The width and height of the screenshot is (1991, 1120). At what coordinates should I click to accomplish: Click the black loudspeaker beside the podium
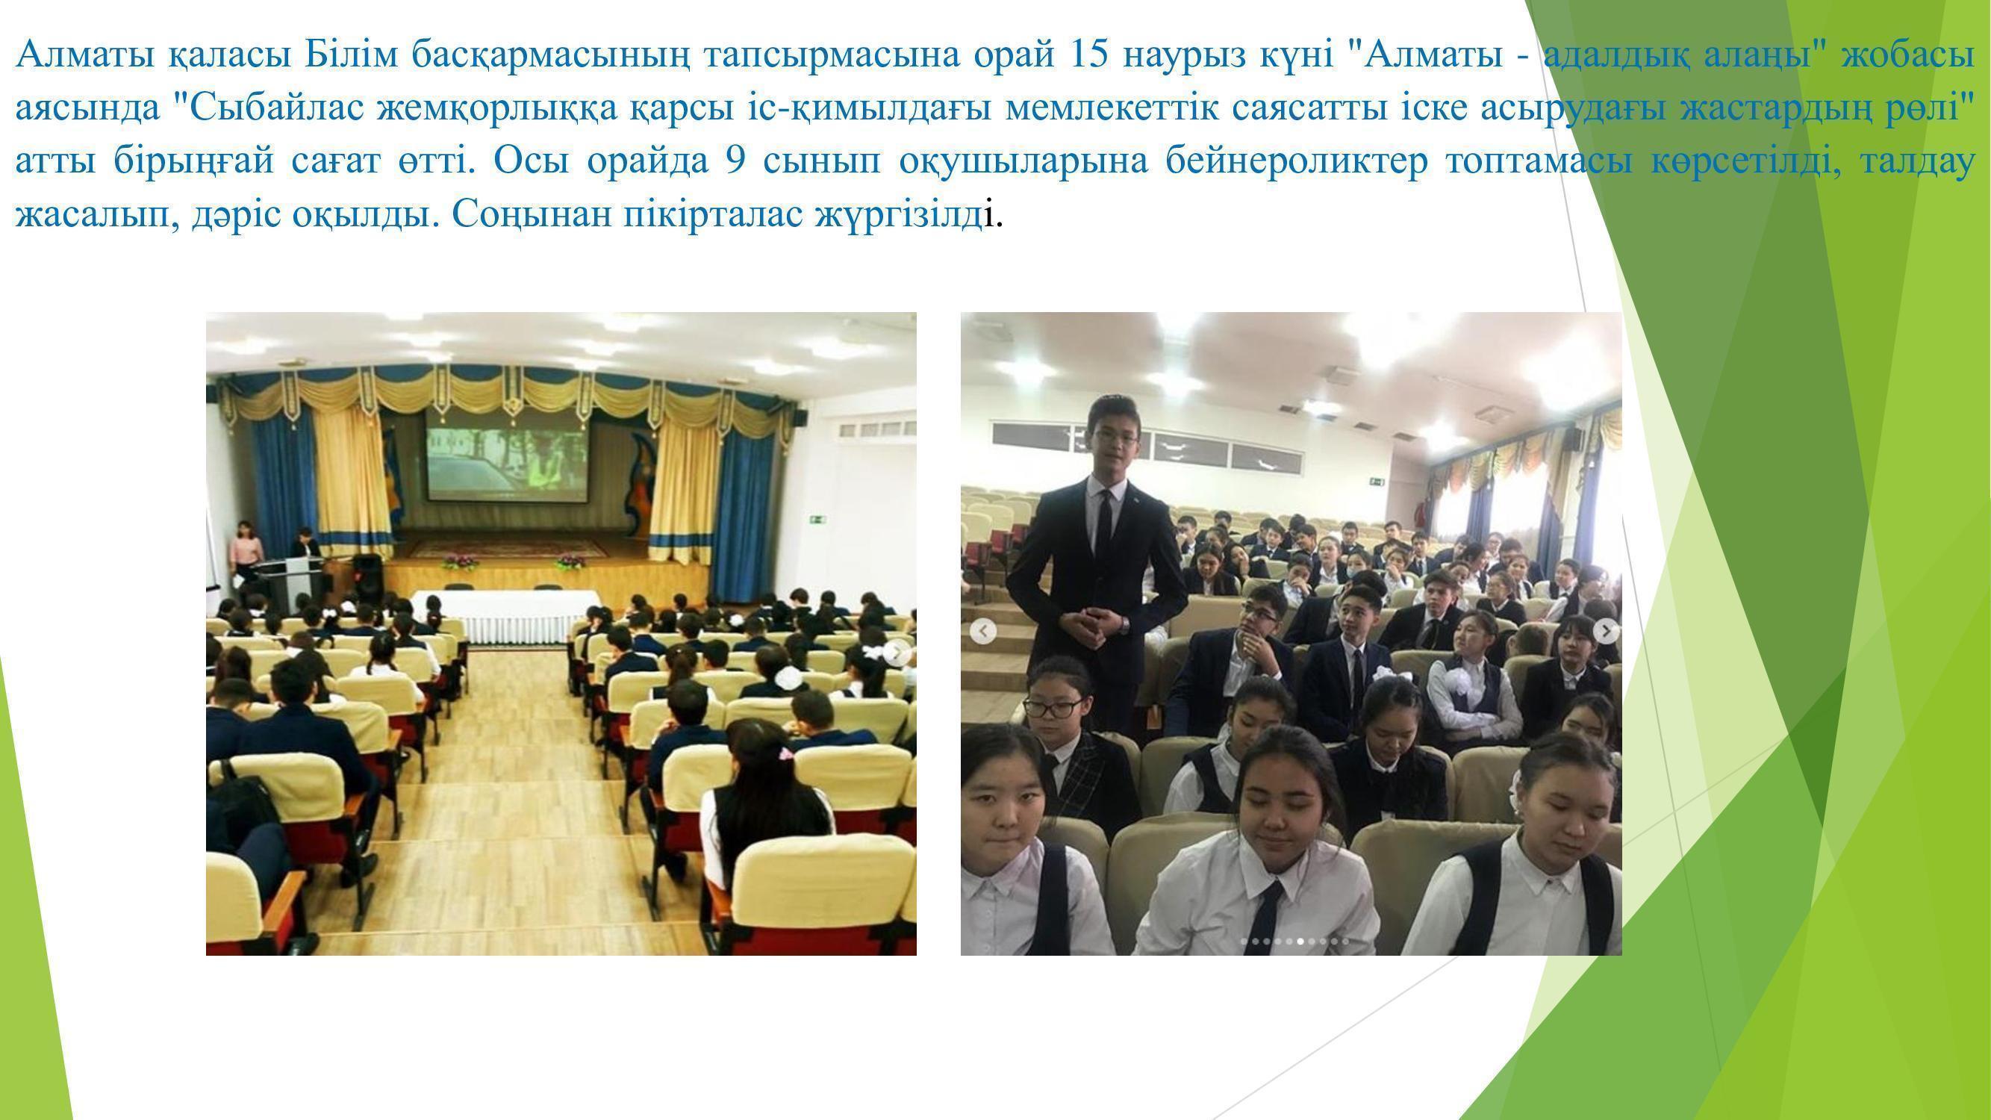(x=368, y=579)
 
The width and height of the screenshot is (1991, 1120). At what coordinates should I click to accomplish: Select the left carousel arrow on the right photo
(x=982, y=632)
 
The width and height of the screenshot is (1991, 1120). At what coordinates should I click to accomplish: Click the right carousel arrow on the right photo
(x=1606, y=632)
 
